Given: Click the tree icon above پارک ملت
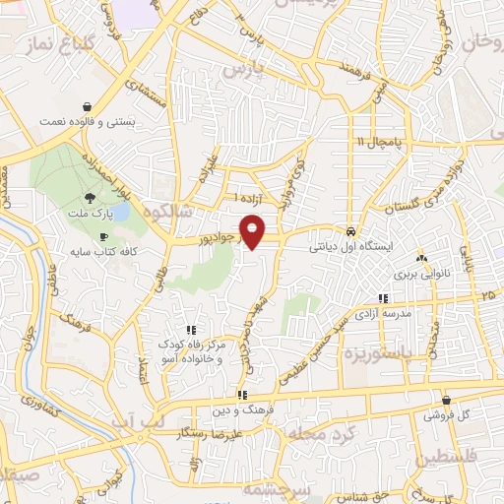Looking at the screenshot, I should click(91, 197).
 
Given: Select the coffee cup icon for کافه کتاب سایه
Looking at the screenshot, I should click(104, 237).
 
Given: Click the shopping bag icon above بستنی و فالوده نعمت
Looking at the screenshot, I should click(88, 106).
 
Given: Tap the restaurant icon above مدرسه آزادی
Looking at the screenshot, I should click(382, 299).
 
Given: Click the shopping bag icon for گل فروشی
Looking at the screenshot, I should click(447, 401).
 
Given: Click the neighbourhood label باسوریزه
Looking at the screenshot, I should click(422, 349).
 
